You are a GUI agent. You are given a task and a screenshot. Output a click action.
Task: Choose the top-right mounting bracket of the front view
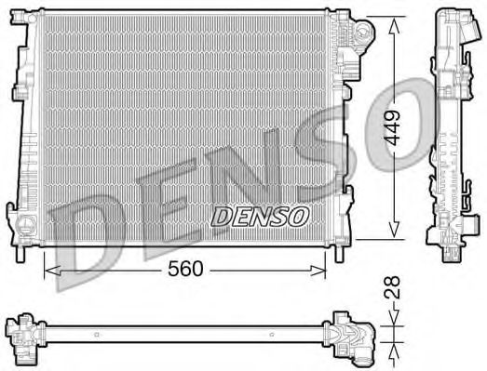(361, 35)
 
